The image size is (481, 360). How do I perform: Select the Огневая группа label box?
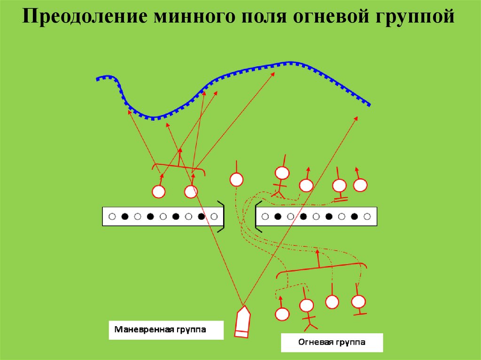coord(332,343)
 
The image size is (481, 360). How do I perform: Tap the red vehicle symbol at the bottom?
coord(242,322)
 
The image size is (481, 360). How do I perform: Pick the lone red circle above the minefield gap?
coord(236,179)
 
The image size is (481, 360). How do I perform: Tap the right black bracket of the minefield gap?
coord(257,216)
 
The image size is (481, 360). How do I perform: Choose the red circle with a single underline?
coord(358,301)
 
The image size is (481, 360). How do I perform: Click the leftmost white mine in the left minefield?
coord(112,217)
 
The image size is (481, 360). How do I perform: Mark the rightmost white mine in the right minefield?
coord(367,217)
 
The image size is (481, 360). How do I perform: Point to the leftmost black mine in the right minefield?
coord(278,217)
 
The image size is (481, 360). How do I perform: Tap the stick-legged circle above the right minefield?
coord(282,174)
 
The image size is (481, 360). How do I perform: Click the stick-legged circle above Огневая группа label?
coord(307,306)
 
